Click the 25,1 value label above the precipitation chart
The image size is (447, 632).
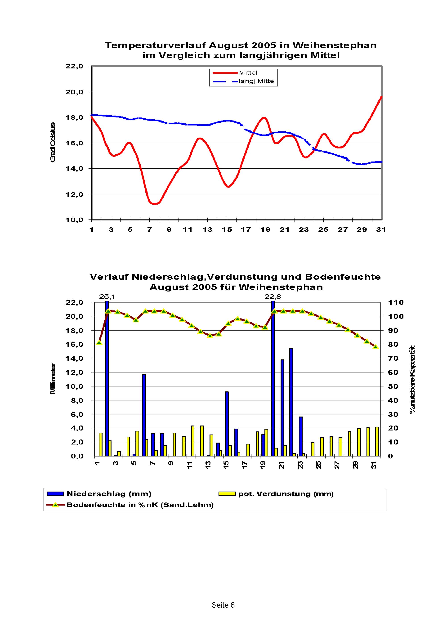point(107,297)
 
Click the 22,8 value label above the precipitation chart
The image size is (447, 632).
point(273,297)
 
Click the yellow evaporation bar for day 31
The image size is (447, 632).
point(377,442)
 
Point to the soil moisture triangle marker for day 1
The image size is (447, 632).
point(99,343)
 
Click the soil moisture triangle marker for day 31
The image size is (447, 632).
point(376,347)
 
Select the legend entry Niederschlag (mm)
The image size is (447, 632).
point(109,494)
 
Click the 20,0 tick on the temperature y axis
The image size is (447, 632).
point(74,92)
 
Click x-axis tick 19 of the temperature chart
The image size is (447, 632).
point(266,230)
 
